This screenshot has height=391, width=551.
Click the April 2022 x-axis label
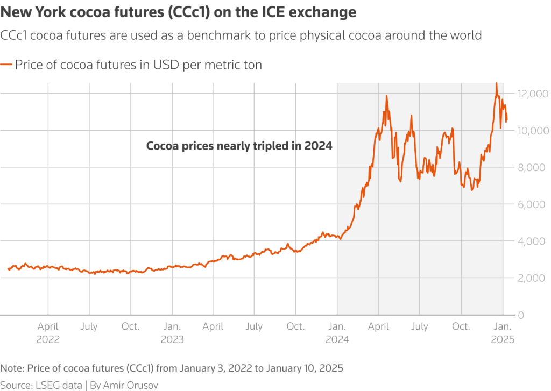48,332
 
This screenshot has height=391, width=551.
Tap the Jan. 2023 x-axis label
172,332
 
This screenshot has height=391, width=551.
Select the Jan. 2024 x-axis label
337,332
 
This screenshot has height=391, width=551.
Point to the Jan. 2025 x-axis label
503,332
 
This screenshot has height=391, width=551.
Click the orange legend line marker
6,66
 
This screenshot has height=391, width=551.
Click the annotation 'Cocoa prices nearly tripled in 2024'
239,146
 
